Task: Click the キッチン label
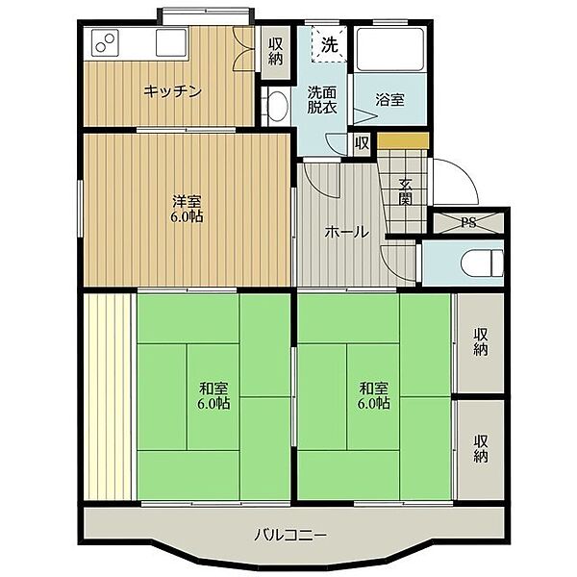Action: (x=172, y=91)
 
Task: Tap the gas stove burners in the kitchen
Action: (x=106, y=42)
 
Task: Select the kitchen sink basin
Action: (x=171, y=42)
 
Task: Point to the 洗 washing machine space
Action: (x=329, y=44)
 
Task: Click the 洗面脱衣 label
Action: (x=322, y=99)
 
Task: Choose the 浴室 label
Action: (x=390, y=100)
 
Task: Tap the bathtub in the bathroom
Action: (x=390, y=49)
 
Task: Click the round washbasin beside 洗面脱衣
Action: (x=278, y=105)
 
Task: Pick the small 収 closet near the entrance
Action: (x=363, y=143)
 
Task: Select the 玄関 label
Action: (x=405, y=191)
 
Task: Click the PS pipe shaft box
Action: (x=468, y=223)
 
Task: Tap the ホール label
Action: (x=346, y=232)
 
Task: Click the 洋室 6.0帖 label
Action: (x=187, y=209)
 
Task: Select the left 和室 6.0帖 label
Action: (x=213, y=395)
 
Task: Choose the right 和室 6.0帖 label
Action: (x=373, y=395)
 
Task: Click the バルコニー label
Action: (x=290, y=535)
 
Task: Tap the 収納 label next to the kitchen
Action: (x=276, y=52)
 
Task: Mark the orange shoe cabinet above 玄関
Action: (x=403, y=140)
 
